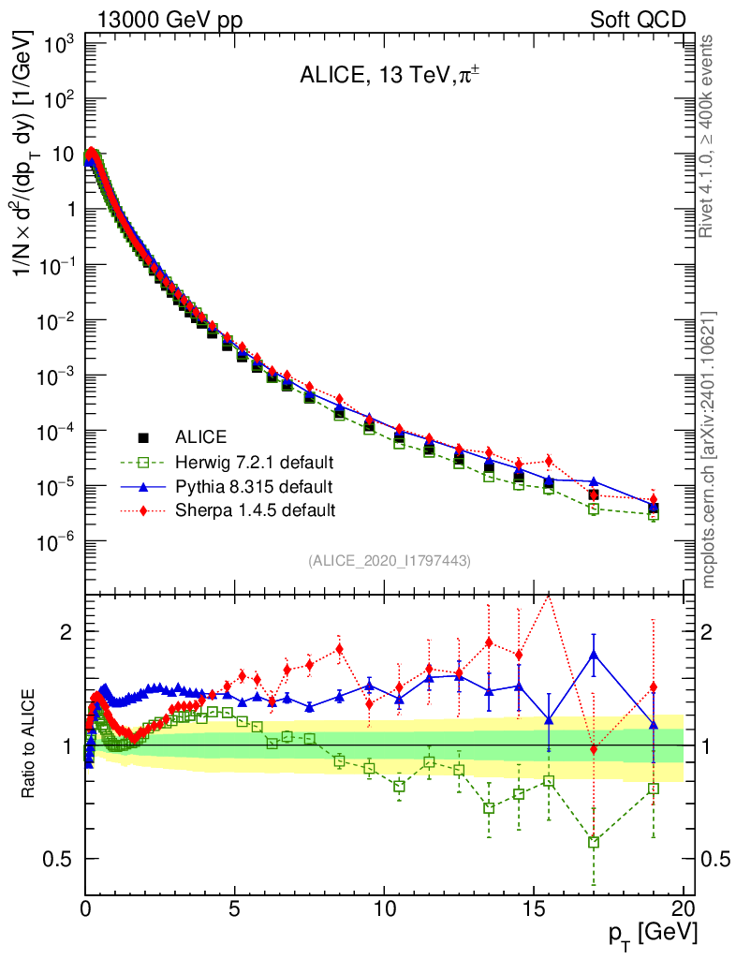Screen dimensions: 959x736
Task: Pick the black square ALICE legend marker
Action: click(143, 437)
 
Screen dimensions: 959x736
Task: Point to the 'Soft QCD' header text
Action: click(638, 20)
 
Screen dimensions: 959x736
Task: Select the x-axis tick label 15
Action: click(534, 907)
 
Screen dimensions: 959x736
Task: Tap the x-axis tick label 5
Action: click(235, 907)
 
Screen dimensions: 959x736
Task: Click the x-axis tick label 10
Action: click(384, 907)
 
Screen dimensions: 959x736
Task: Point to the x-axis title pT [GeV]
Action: click(650, 934)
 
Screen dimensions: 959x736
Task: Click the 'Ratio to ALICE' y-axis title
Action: click(30, 744)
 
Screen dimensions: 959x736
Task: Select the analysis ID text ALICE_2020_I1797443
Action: click(389, 560)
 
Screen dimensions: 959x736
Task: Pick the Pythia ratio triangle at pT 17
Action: click(594, 656)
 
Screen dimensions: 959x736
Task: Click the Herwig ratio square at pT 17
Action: click(594, 842)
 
